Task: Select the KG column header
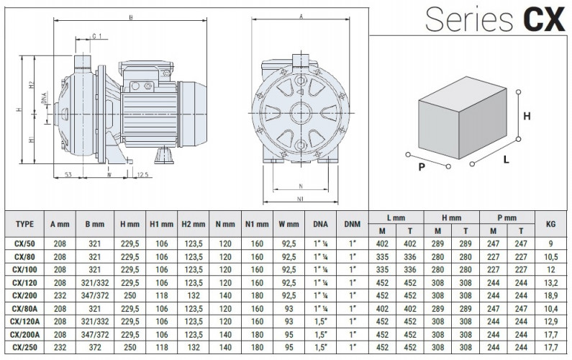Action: point(550,225)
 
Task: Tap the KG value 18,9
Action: point(550,294)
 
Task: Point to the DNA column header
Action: point(320,225)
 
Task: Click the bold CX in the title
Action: point(543,19)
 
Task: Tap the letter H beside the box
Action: point(527,116)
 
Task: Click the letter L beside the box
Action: point(507,160)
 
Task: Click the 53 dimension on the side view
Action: point(68,174)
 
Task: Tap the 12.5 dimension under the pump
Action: point(142,174)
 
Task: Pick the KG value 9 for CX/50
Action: point(550,243)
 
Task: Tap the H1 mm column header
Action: point(161,225)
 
